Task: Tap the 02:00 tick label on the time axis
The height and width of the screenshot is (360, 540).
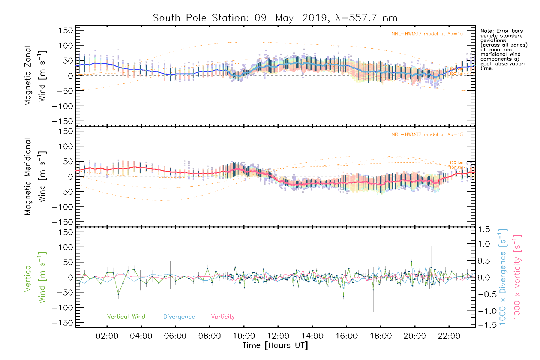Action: tap(107, 336)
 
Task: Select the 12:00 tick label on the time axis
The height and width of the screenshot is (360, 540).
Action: tap(278, 336)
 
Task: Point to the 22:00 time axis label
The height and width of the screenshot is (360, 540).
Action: tap(449, 336)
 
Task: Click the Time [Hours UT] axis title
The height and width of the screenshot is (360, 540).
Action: tap(275, 345)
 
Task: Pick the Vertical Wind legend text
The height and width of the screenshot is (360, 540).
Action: tap(126, 316)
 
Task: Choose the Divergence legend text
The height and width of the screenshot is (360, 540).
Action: tap(179, 316)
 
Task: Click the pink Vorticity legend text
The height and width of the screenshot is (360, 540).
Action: tap(223, 316)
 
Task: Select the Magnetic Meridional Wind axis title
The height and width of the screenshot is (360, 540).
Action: tap(35, 177)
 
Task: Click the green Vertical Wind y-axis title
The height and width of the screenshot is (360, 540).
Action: tap(35, 277)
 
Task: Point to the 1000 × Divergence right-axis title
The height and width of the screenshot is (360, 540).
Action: tap(503, 277)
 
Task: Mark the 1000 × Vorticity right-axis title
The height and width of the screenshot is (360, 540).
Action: tap(517, 277)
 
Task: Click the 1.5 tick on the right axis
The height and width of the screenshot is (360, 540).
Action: tap(484, 229)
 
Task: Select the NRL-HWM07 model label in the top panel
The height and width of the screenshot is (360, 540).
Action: tap(427, 34)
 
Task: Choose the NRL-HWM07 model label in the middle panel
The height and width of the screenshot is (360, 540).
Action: tap(427, 135)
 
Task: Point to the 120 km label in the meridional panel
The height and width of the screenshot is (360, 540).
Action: tap(456, 163)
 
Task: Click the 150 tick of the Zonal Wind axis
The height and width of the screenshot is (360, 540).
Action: tap(66, 31)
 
